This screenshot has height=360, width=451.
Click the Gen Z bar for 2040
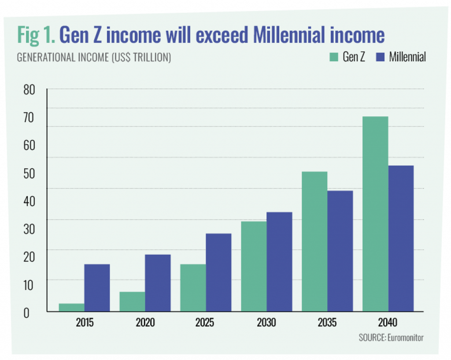click(375, 214)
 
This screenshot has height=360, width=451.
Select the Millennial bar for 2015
click(97, 287)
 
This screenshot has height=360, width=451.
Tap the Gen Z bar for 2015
click(71, 307)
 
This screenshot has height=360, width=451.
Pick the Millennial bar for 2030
click(279, 261)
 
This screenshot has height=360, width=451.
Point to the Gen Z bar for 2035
click(314, 241)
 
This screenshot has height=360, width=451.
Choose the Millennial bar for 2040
click(401, 238)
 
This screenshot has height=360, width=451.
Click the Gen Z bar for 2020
click(132, 301)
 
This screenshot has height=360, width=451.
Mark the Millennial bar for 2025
click(218, 272)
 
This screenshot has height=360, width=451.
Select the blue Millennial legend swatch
click(381, 57)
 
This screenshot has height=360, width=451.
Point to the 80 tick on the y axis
click(30, 90)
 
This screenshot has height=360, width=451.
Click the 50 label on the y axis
click(30, 174)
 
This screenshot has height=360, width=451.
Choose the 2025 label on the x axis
click(205, 323)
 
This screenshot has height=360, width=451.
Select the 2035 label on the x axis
click(327, 323)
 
